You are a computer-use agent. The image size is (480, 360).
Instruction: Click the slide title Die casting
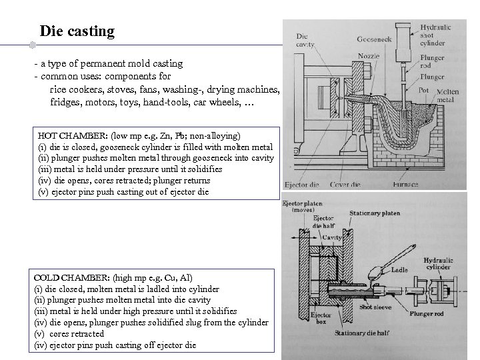coord(77,31)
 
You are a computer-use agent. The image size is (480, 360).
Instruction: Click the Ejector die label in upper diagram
coord(303,184)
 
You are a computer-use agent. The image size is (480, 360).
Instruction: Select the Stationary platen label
coord(375,214)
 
